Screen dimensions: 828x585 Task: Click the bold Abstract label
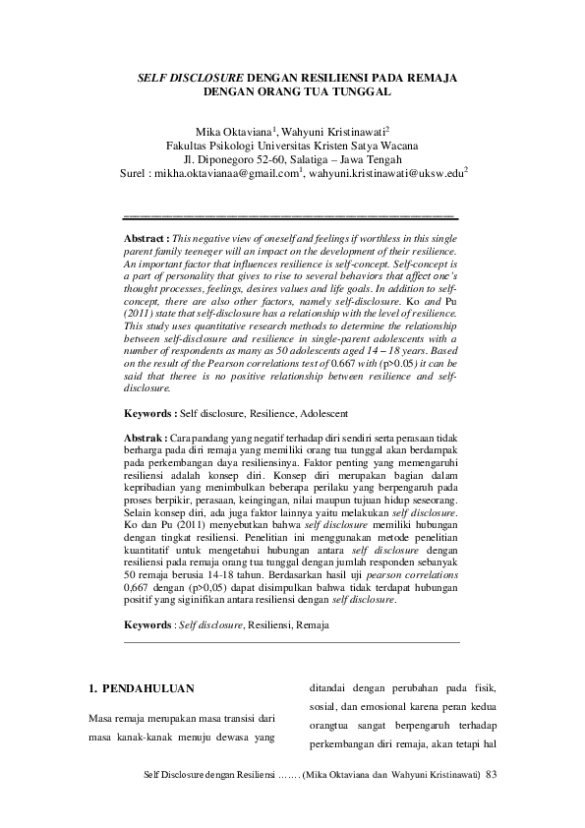142,239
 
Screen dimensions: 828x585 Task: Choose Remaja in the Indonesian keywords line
313,597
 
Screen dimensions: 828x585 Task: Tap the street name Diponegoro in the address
227,161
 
